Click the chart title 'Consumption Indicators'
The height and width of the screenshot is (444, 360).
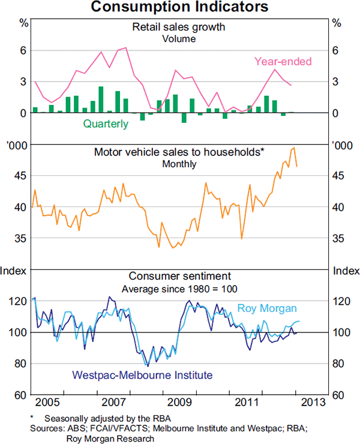tap(180, 8)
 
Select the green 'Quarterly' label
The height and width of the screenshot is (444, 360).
tap(106, 124)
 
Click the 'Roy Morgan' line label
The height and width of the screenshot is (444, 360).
tap(267, 308)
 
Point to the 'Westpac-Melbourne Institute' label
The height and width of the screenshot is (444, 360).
tap(142, 376)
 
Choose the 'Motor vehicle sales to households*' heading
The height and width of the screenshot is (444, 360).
tap(179, 152)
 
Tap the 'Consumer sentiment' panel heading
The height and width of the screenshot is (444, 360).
tap(179, 277)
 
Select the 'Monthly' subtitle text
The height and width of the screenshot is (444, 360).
tap(179, 164)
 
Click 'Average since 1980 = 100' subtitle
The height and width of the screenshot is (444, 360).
tap(179, 289)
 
